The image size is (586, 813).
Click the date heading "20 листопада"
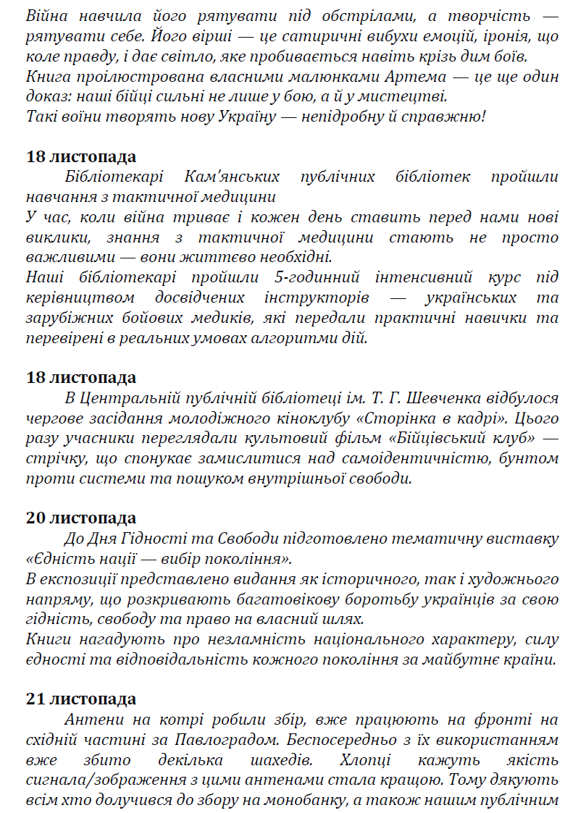(x=81, y=518)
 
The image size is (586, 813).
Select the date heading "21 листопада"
(x=81, y=699)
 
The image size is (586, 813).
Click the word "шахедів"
(x=279, y=760)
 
